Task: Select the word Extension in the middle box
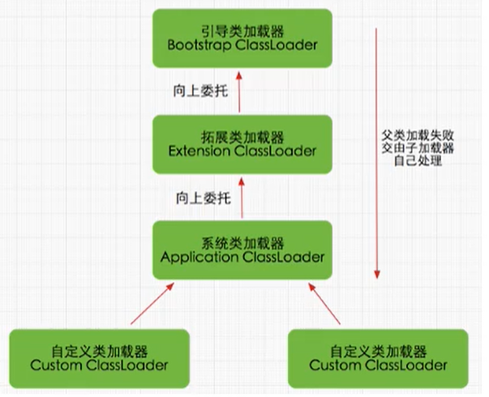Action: [199, 151]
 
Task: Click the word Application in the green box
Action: [195, 257]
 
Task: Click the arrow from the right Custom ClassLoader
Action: [329, 304]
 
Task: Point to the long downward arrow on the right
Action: [378, 154]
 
